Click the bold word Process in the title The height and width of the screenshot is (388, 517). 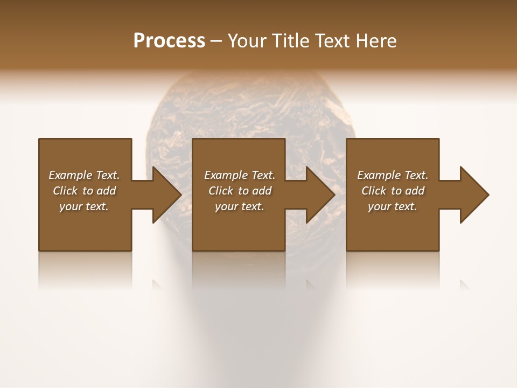click(169, 41)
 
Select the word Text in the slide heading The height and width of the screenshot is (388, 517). click(333, 41)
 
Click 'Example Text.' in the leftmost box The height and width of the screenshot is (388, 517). click(84, 175)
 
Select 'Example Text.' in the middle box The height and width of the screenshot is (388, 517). click(240, 175)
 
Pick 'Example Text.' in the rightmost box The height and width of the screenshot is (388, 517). click(393, 175)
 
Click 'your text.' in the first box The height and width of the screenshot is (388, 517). click(84, 206)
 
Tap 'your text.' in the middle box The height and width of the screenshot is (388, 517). click(240, 206)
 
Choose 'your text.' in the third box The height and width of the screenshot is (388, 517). click(393, 206)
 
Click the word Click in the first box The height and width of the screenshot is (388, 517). click(65, 191)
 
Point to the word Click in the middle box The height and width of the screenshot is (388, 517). click(221, 191)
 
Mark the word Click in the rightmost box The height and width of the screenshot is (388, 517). click(374, 191)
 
